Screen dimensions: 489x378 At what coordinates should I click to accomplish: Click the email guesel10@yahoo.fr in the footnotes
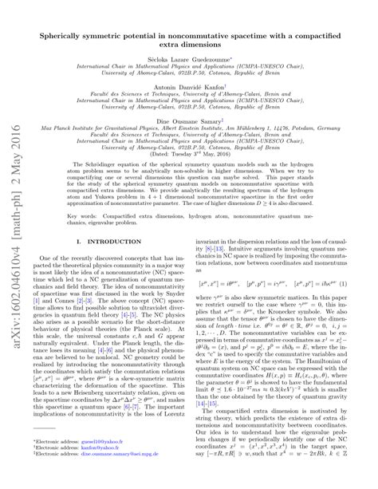coord(84,463)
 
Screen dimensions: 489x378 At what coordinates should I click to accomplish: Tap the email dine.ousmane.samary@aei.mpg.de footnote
coord(99,477)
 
